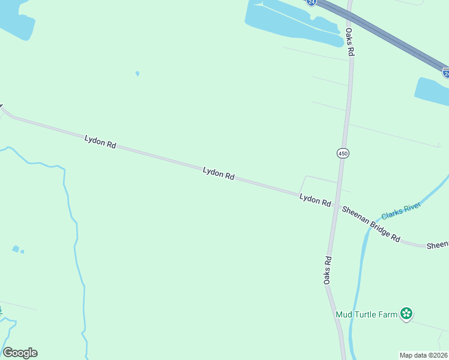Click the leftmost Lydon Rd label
click(100, 142)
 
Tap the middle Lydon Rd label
click(218, 174)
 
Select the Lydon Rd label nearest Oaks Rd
click(315, 200)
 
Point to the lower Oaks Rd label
click(328, 270)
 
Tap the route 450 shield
click(342, 153)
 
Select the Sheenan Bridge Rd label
click(370, 223)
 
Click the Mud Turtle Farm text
click(366, 313)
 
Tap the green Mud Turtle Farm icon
click(407, 313)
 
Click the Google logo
click(20, 353)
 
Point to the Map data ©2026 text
click(424, 355)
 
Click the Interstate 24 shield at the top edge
click(310, 2)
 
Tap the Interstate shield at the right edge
click(446, 73)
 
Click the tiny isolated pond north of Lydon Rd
click(137, 74)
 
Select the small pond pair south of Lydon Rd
click(17, 249)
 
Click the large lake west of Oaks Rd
click(288, 21)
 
